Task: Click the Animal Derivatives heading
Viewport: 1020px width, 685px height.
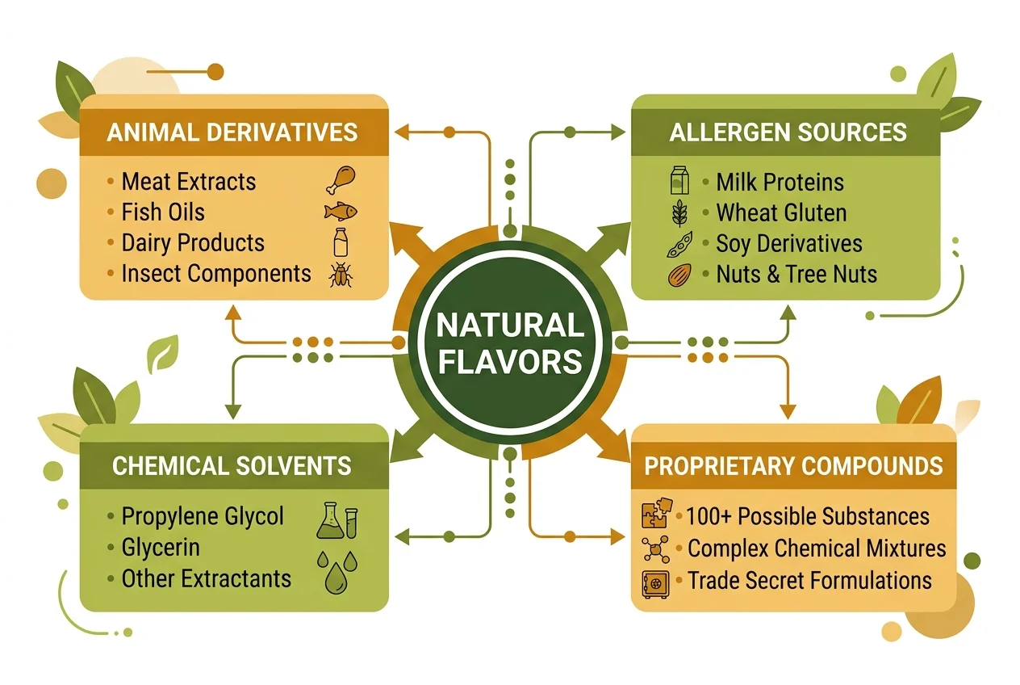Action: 234,132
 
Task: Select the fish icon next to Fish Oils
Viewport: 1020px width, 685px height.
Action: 340,212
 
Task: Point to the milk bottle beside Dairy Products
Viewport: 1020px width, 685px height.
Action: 340,242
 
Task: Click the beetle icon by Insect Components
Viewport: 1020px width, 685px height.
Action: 340,274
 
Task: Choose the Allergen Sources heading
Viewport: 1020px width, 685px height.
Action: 788,132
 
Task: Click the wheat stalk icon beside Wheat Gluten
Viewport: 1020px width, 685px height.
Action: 680,213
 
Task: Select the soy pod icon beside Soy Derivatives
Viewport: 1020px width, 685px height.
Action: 680,244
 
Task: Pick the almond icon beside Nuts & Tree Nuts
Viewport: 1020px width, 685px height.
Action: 680,275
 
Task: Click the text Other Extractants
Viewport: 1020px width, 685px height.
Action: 206,578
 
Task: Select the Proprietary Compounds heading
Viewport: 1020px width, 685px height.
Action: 793,465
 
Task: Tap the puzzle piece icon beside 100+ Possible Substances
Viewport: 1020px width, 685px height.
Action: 655,515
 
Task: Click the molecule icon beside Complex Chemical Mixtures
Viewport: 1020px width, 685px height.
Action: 655,548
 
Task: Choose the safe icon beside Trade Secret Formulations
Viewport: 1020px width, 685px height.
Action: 655,582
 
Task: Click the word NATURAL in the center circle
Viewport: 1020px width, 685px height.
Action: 510,326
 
